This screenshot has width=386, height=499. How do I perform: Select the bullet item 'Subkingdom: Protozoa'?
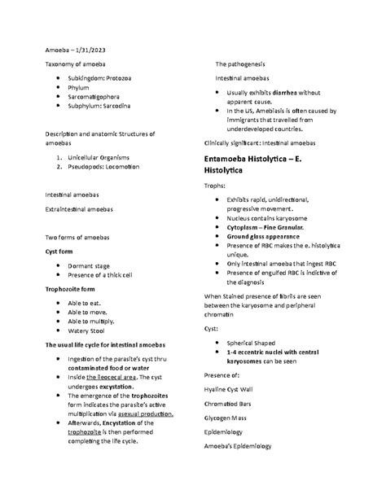point(104,81)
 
